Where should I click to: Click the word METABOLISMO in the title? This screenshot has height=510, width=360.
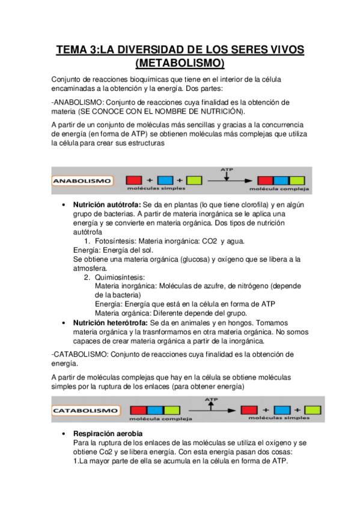click(x=180, y=63)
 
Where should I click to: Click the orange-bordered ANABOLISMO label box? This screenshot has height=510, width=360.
click(x=84, y=180)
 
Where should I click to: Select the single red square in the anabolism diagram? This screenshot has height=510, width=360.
click(x=134, y=180)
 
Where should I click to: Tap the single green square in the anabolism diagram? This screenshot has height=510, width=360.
click(x=194, y=180)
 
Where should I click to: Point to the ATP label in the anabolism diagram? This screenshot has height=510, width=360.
click(x=227, y=170)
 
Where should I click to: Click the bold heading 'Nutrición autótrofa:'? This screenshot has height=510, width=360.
click(x=108, y=205)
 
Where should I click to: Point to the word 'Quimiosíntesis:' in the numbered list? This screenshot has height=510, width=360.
click(x=120, y=277)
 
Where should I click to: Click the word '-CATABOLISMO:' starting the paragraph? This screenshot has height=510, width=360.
click(x=79, y=353)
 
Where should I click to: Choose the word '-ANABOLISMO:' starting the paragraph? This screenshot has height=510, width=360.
click(x=76, y=102)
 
